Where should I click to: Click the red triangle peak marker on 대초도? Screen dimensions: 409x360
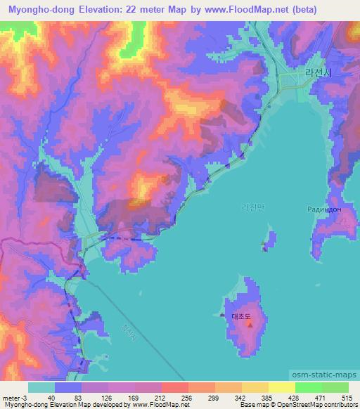point(250,325)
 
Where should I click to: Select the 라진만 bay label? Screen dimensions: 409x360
point(251,207)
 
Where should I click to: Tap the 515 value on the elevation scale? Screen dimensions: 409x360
point(345,398)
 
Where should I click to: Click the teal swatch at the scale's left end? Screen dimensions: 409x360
point(41,387)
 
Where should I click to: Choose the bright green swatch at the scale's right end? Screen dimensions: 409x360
point(335,387)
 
